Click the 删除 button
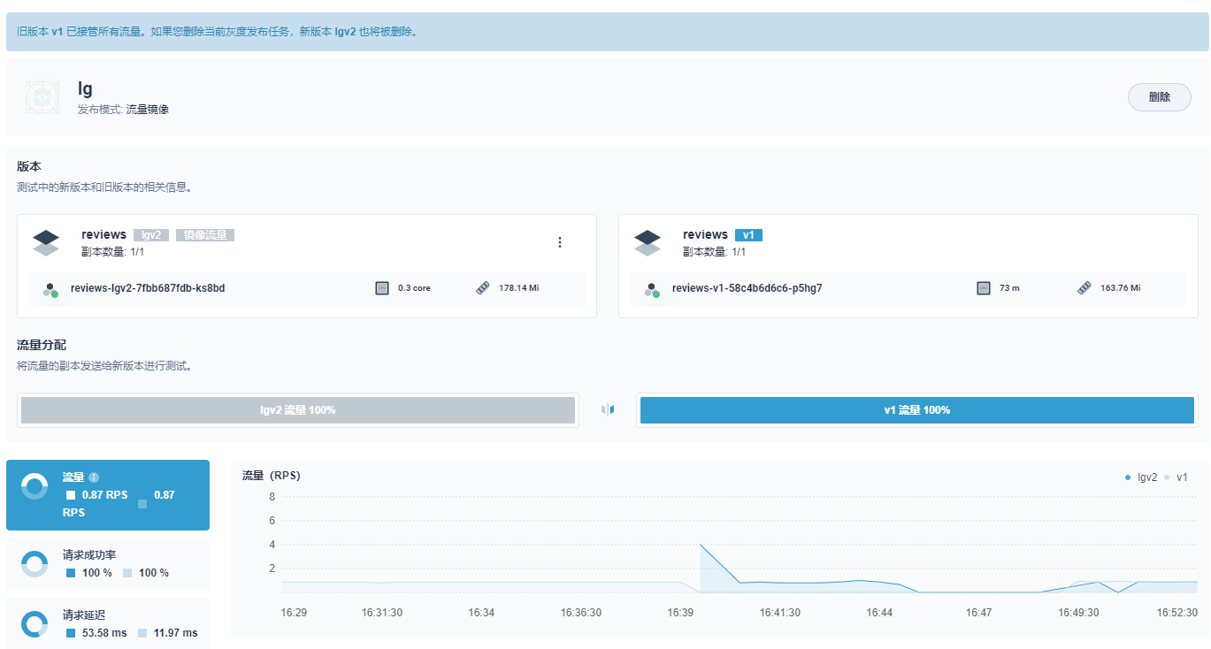click(1159, 97)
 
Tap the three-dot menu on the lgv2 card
click(560, 242)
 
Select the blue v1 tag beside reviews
click(748, 235)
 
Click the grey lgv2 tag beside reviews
click(151, 235)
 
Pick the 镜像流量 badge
click(205, 235)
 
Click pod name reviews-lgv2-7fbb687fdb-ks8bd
click(148, 288)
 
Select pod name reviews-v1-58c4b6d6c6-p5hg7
click(747, 288)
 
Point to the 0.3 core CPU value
click(414, 288)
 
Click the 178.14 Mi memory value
click(518, 288)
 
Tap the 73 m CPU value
click(1009, 288)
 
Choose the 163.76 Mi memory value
click(1120, 288)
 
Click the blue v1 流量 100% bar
click(917, 410)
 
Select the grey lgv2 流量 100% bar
click(298, 410)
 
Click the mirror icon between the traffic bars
click(608, 409)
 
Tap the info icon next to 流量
click(94, 477)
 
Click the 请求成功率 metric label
click(89, 555)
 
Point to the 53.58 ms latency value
click(104, 633)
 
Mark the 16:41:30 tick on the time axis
click(779, 612)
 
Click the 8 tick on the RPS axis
click(272, 497)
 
